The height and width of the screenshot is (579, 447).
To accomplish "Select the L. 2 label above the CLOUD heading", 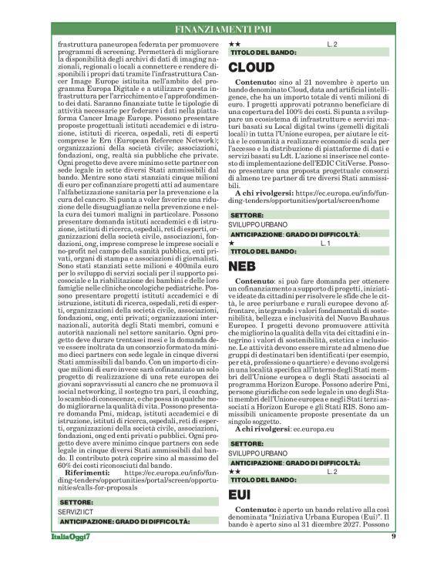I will [332, 45].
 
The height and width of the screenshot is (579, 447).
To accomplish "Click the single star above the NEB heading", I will [233, 243].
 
